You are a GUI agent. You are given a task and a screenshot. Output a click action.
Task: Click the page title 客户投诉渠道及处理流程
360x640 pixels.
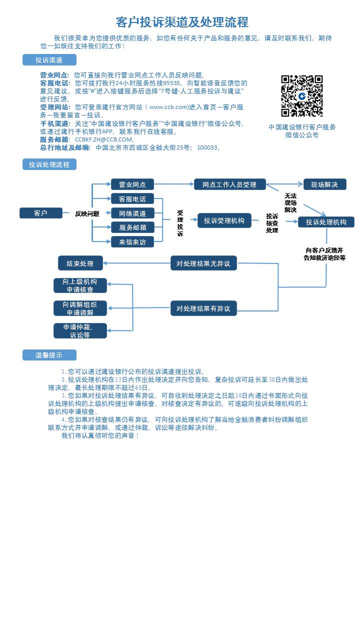182,22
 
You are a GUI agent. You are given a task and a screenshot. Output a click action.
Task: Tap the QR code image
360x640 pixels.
301,96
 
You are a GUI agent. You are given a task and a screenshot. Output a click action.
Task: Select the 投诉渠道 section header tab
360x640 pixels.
49,60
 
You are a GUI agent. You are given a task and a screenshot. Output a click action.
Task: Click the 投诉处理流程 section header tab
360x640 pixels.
49,164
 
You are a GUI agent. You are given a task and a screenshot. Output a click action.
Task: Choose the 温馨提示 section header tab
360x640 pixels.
49,355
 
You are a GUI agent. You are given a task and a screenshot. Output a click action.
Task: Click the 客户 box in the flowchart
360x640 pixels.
41,213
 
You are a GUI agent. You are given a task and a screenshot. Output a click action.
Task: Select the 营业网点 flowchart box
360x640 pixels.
132,184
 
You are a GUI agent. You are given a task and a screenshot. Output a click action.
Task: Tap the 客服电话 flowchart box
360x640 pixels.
132,199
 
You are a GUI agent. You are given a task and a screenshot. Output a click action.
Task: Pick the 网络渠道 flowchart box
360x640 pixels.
132,213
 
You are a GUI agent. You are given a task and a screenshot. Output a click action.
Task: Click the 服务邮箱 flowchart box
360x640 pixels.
132,227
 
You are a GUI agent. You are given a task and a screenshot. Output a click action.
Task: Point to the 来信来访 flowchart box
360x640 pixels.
132,242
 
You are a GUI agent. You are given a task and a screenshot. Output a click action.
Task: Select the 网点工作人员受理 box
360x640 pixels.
229,184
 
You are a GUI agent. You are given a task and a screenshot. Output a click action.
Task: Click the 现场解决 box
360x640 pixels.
324,184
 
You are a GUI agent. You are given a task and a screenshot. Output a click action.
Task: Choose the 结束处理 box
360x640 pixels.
80,263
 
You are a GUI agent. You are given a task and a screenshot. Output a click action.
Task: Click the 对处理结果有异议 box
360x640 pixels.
203,308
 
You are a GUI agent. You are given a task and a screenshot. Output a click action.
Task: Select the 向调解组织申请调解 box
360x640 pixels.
80,308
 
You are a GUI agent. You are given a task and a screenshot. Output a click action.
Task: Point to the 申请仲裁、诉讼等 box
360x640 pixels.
80,331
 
